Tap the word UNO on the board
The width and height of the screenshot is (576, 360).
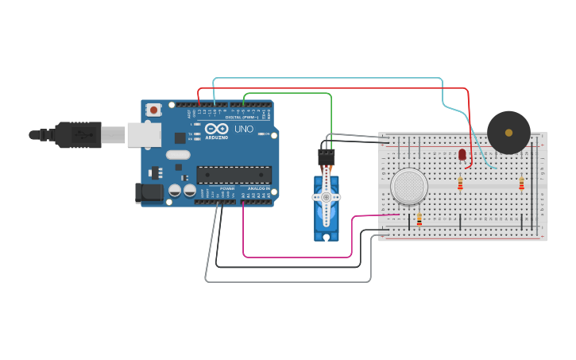click(244, 129)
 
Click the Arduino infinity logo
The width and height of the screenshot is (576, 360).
click(215, 128)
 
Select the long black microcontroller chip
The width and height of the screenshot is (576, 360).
click(234, 175)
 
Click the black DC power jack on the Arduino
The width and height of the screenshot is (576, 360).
click(149, 192)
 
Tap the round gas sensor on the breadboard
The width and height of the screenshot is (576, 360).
click(408, 186)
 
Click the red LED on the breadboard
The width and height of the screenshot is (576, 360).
click(462, 155)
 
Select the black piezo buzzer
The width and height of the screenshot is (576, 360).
click(508, 132)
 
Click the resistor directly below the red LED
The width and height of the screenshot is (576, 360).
click(460, 184)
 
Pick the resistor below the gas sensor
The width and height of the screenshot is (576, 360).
click(419, 219)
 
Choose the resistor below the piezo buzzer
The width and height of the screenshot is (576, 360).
click(521, 184)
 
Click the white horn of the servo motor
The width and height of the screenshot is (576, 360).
click(326, 198)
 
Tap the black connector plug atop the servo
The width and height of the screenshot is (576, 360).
click(327, 157)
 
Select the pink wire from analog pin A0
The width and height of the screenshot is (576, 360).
click(294, 257)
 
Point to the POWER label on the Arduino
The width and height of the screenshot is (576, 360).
click(227, 188)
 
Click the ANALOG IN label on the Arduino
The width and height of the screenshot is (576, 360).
click(258, 188)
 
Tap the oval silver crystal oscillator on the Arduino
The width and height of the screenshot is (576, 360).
click(178, 155)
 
